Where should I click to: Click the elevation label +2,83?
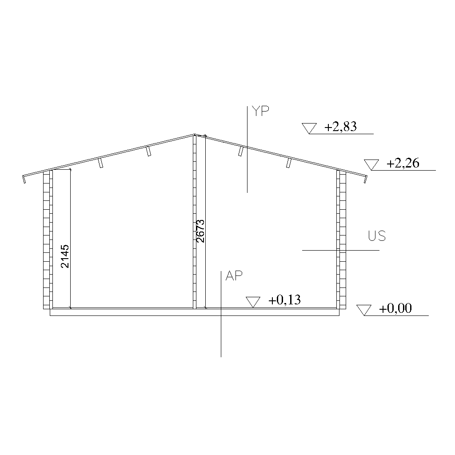[340, 127]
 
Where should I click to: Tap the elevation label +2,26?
[403, 164]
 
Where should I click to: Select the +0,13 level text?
[284, 300]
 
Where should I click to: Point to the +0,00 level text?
[395, 308]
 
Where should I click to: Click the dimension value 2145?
[65, 256]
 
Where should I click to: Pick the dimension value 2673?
[200, 231]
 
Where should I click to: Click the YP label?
[260, 111]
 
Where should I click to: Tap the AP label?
[234, 275]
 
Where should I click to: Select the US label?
[377, 236]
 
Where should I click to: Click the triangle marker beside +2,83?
[309, 128]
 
